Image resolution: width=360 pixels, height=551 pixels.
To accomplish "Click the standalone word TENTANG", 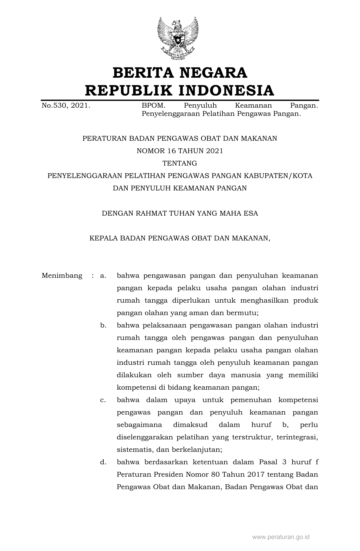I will (x=180, y=163).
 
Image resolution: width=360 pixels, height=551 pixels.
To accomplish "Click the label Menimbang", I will (x=62, y=275).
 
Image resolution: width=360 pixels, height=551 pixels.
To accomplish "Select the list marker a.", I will (x=103, y=275).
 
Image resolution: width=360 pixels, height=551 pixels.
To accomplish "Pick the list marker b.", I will (x=103, y=326).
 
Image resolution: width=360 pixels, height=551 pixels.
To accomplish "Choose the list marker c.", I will (x=103, y=400).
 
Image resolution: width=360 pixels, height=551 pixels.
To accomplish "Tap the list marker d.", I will (x=103, y=462).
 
